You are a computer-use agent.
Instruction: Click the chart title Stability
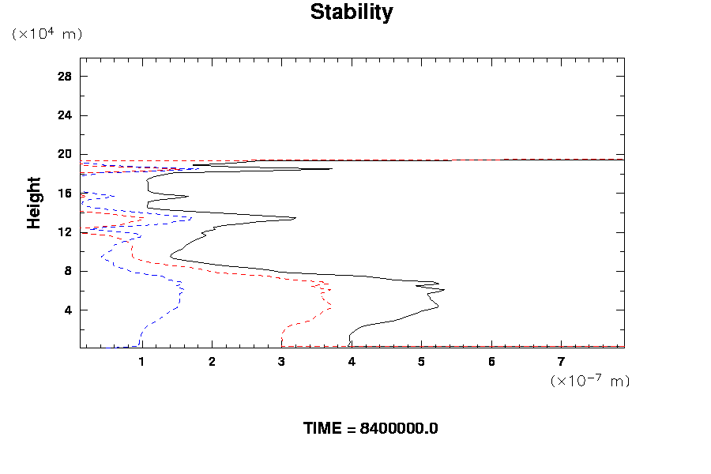point(351,13)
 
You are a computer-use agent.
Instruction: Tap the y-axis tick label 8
point(68,271)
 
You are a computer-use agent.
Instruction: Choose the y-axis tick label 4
point(68,310)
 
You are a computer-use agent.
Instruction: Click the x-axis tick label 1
point(142,362)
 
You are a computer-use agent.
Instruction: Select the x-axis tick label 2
point(212,362)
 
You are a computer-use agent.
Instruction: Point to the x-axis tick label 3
point(282,362)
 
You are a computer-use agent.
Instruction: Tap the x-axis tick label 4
point(352,362)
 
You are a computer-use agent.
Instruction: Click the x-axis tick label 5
point(422,362)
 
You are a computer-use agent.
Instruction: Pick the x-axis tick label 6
point(491,362)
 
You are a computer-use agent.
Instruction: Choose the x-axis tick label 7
point(562,362)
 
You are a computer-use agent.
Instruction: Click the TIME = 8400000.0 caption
point(371,429)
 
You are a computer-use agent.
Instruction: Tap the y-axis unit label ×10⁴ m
point(47,34)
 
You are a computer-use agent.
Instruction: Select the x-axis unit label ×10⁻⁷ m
point(589,381)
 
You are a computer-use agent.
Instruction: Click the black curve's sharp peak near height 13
point(295,218)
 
